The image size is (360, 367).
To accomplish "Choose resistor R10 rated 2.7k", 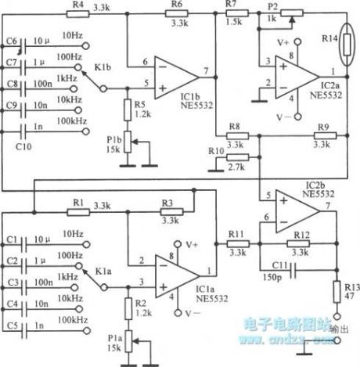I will pos(235,157).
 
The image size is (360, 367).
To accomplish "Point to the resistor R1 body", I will pos(76,211).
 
